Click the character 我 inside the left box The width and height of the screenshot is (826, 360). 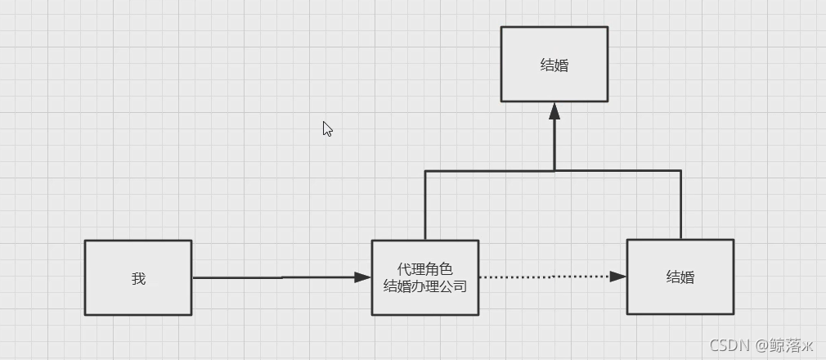(138, 278)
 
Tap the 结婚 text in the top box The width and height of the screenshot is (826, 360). (554, 65)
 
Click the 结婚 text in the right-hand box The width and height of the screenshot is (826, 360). (680, 277)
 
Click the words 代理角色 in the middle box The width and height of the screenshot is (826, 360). (425, 269)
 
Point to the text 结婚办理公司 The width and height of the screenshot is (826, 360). (425, 286)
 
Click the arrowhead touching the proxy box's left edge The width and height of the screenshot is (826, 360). (363, 277)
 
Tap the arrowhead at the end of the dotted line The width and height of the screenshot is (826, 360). (618, 277)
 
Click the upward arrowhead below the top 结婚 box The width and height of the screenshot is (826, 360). (554, 111)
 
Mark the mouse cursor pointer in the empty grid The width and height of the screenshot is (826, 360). (327, 128)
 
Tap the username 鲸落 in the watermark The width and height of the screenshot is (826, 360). (779, 344)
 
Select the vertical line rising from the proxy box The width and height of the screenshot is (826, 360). (425, 205)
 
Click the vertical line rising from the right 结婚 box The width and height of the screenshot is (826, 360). (680, 205)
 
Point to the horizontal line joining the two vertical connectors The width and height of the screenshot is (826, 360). (491, 171)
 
